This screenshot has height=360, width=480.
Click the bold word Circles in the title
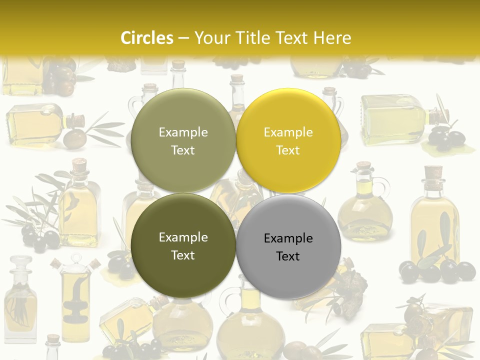coord(147,38)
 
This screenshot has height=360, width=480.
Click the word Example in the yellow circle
coord(288,132)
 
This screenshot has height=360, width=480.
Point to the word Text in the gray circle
coord(288,256)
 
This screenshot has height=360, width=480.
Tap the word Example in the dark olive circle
coord(183,237)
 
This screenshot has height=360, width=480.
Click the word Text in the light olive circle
coord(183,150)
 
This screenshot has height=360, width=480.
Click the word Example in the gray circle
coord(288,238)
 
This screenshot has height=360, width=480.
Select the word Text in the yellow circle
coord(288,150)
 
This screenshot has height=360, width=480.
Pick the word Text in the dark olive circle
coord(183,255)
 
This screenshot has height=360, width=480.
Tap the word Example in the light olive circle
coord(183,132)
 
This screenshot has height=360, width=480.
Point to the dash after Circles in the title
coord(183,38)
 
